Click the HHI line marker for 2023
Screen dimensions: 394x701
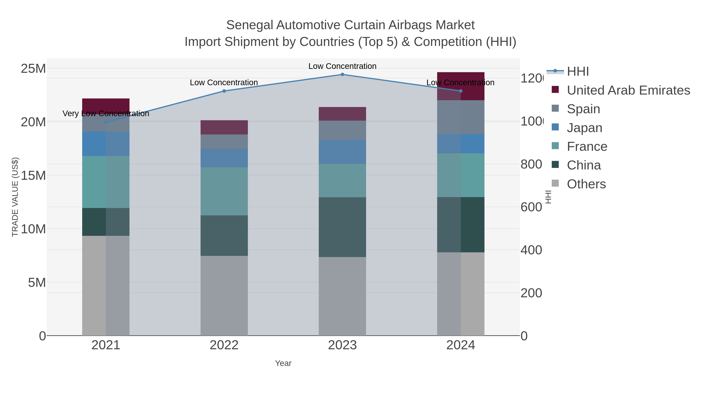[x=342, y=75]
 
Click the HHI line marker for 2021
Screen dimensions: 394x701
[x=106, y=122]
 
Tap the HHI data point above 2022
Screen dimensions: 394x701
[x=224, y=91]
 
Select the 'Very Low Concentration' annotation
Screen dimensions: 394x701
[x=106, y=113]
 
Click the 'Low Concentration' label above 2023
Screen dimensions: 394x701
[x=342, y=66]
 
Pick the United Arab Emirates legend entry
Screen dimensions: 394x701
[x=628, y=90]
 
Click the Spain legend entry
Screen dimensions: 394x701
[x=583, y=109]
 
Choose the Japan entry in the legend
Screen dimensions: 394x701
[x=584, y=128]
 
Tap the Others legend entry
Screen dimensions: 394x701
[x=586, y=184]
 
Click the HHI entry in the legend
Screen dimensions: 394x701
[x=578, y=72]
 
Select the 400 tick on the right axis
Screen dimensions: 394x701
[x=531, y=250]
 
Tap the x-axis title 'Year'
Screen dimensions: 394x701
[x=283, y=363]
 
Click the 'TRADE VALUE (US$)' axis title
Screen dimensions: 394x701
[x=15, y=197]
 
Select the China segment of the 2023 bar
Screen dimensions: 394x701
[x=342, y=227]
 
